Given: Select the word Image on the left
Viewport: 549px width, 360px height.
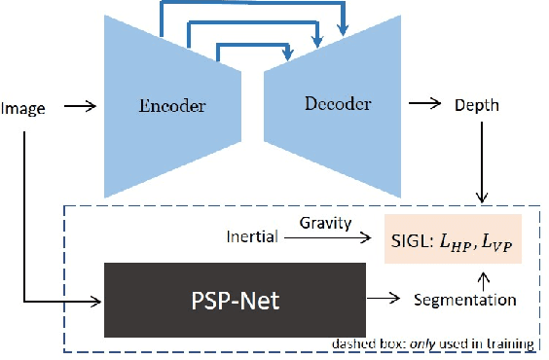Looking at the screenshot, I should (x=23, y=108).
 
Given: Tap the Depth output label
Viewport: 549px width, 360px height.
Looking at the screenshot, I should (x=477, y=105).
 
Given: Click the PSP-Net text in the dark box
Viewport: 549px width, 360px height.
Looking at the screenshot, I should (x=234, y=300).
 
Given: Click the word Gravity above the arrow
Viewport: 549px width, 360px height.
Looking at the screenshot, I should (x=324, y=224).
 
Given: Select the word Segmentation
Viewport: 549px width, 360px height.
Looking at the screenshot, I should (x=465, y=300).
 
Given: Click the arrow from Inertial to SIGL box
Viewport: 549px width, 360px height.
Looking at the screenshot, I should (x=326, y=236).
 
